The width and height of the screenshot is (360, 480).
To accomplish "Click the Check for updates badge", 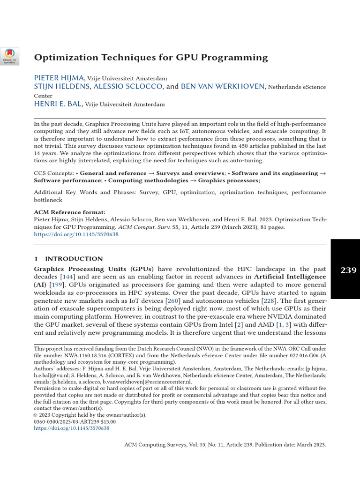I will pos(10,56).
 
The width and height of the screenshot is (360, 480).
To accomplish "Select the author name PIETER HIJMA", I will pos(59,78).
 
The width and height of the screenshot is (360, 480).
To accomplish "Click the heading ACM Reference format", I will pos(69,212).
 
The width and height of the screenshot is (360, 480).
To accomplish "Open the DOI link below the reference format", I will pos(76,234).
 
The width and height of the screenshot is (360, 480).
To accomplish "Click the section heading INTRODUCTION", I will pos(74,259).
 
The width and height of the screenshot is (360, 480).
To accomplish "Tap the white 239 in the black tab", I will pos(348,270).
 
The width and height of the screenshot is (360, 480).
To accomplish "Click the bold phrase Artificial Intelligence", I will pos(290,277).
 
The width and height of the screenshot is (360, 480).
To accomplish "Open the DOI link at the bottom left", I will pos(72,428).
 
